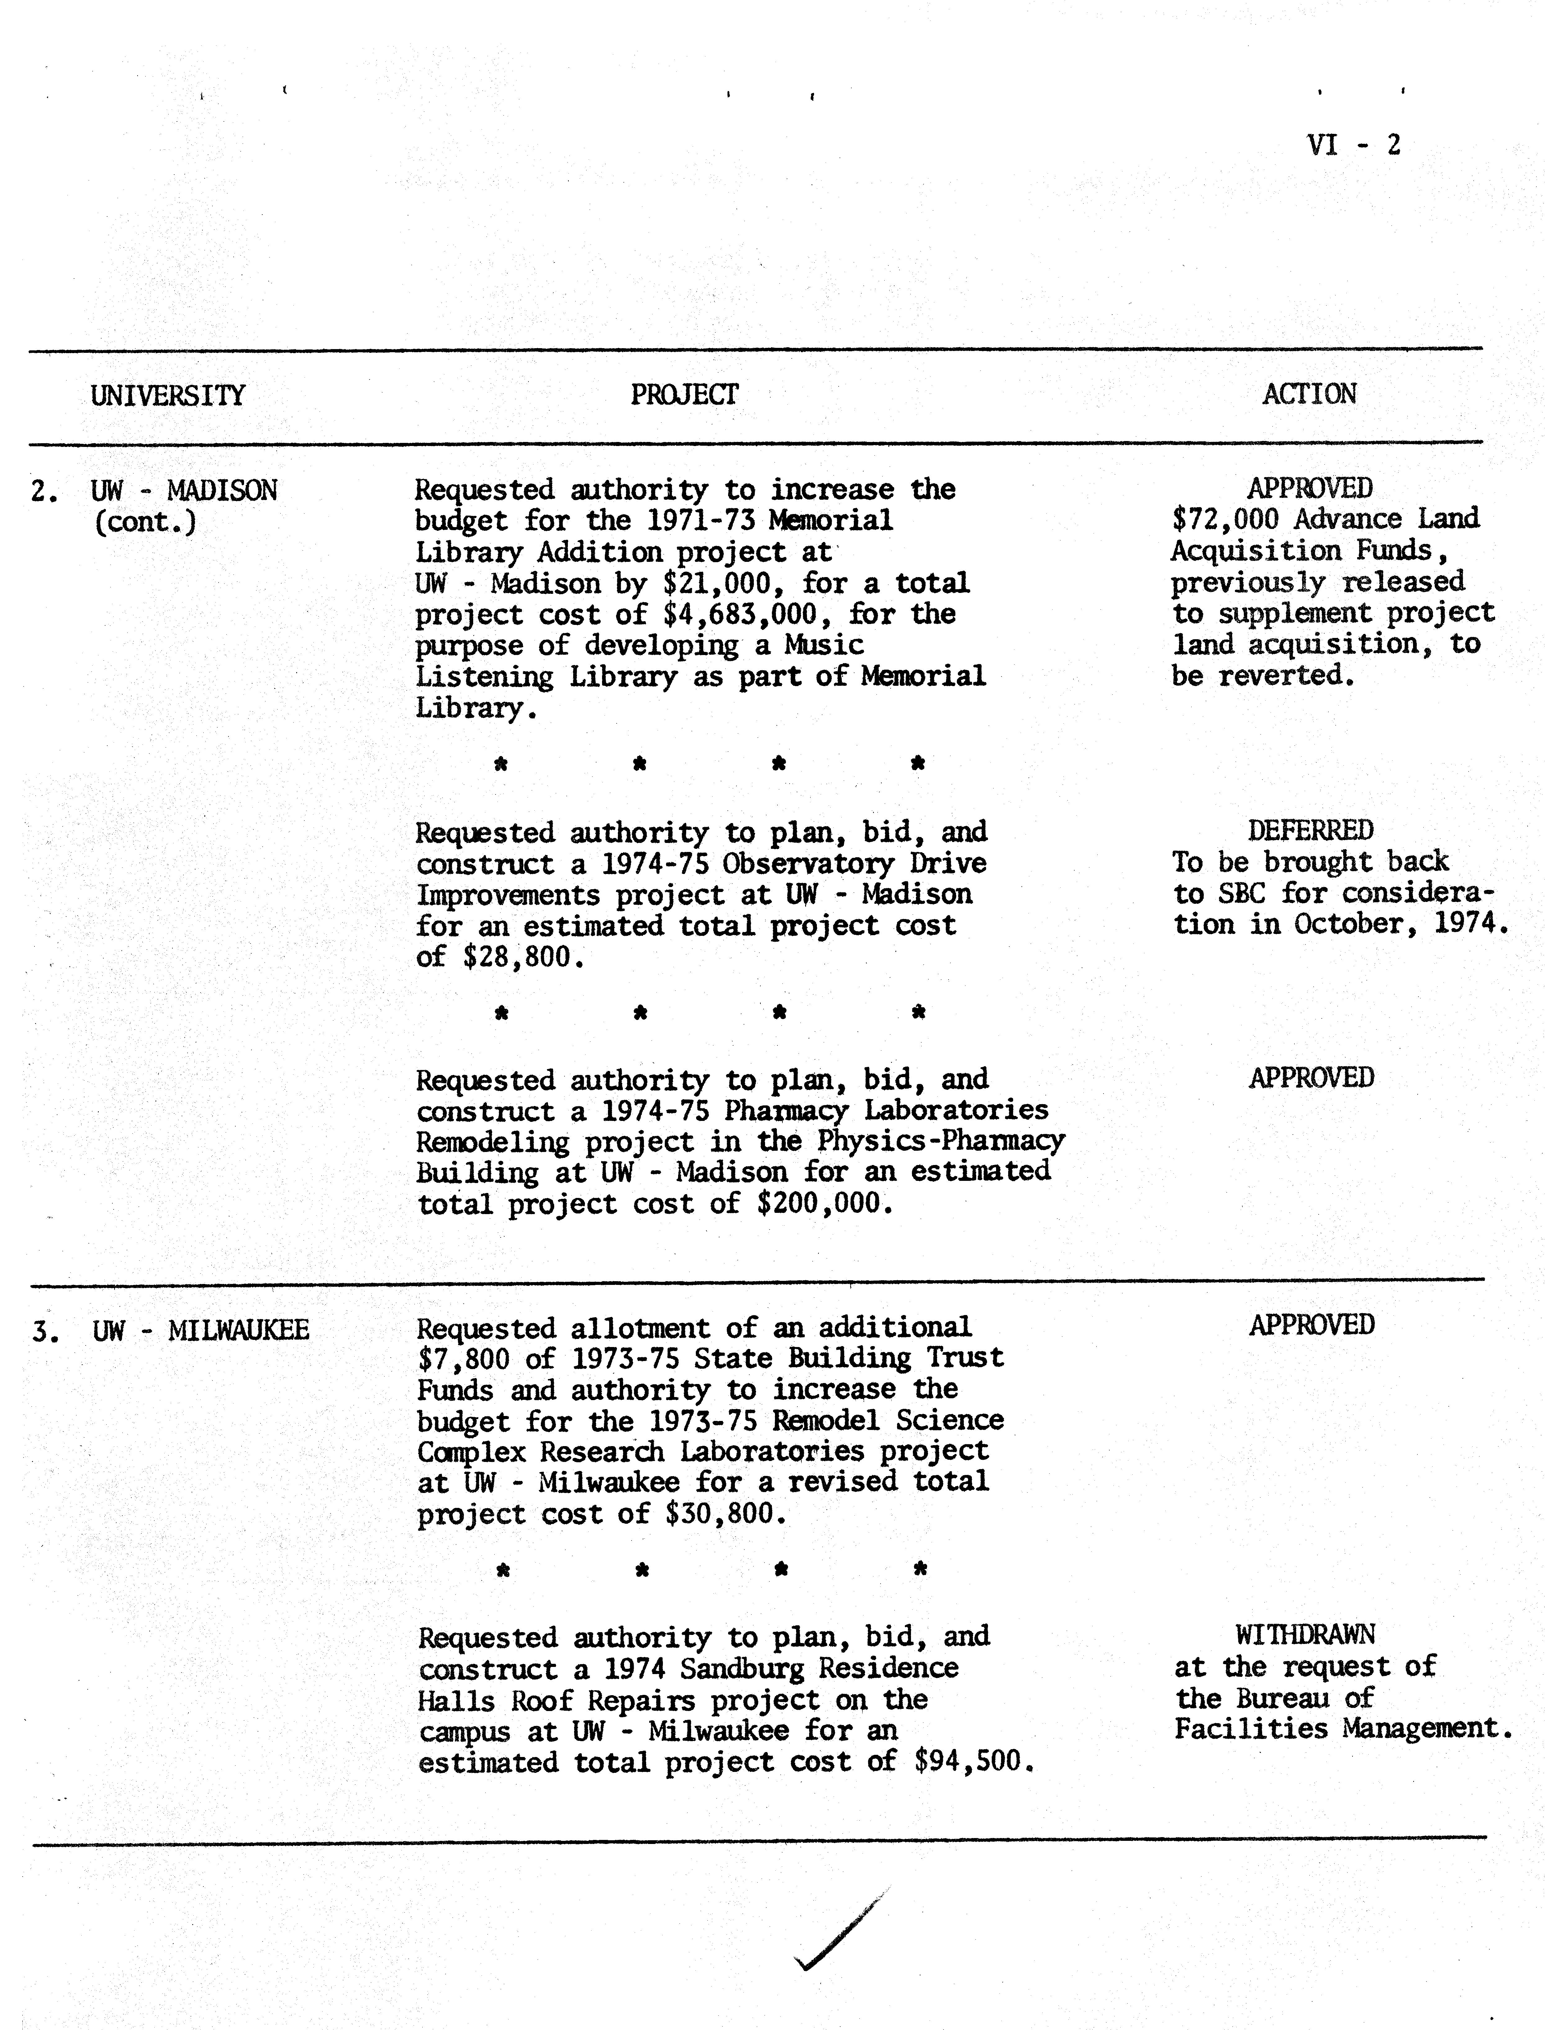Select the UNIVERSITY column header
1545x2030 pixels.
pyautogui.click(x=167, y=395)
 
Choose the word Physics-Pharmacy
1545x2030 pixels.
pyautogui.click(x=940, y=1141)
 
